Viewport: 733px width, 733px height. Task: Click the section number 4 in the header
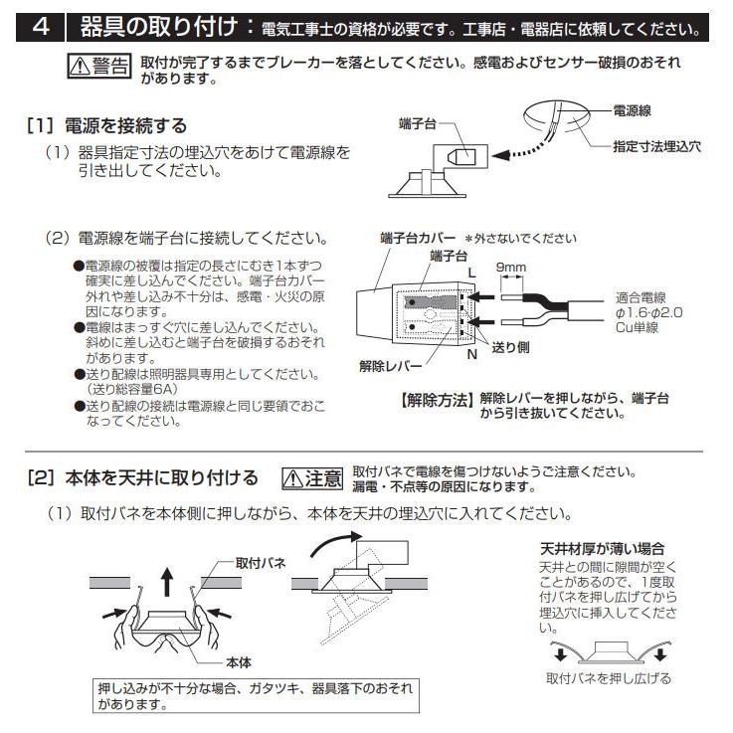[x=41, y=26]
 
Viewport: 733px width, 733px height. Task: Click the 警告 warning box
[x=99, y=68]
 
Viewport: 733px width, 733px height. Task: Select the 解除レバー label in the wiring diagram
[x=386, y=366]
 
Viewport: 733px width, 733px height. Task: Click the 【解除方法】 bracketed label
[x=437, y=400]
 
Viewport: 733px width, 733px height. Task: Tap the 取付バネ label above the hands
[x=261, y=563]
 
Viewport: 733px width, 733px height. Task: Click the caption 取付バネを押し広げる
[x=609, y=678]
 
